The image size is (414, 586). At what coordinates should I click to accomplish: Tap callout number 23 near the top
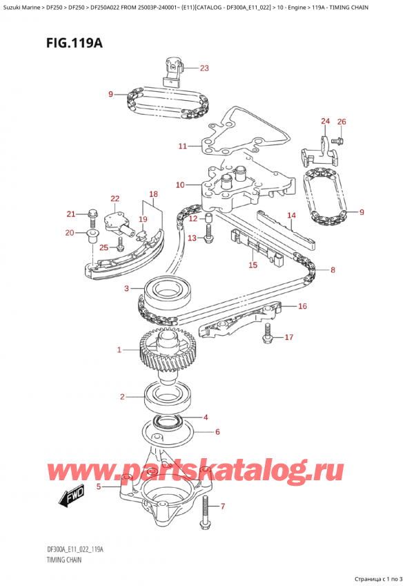coord(204,68)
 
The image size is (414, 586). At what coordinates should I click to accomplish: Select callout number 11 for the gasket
coord(182,146)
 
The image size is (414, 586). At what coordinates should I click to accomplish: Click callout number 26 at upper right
coord(341,122)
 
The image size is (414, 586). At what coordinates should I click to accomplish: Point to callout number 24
coord(325,122)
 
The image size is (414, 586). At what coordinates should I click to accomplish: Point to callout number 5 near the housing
coord(99,486)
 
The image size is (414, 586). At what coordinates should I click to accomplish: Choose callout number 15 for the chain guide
coord(253,264)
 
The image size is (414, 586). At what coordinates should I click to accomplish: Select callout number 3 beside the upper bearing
coord(126,288)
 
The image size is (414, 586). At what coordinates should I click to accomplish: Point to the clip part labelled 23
coord(172,69)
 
